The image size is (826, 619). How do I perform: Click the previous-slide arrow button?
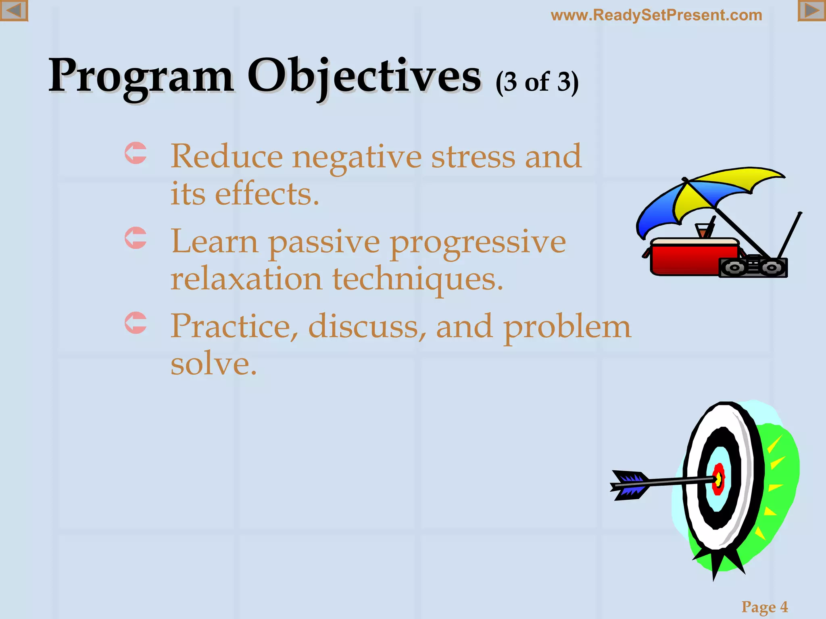point(14,10)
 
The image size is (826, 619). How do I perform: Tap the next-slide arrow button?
point(811,10)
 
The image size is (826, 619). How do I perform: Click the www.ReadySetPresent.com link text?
point(656,15)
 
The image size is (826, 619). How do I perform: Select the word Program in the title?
point(141,76)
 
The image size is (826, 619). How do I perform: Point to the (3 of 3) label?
point(537,82)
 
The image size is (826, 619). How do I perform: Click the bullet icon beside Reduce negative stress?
point(136,153)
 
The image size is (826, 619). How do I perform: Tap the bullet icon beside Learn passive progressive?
point(136,238)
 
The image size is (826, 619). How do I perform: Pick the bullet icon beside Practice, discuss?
point(136,323)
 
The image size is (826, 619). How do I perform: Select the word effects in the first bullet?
point(267,194)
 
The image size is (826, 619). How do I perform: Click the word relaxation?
point(246,279)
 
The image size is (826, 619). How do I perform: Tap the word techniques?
point(417,279)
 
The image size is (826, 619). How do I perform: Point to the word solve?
point(213,364)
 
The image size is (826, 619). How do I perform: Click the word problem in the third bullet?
point(567,326)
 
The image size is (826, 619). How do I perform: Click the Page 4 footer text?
point(764,607)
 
